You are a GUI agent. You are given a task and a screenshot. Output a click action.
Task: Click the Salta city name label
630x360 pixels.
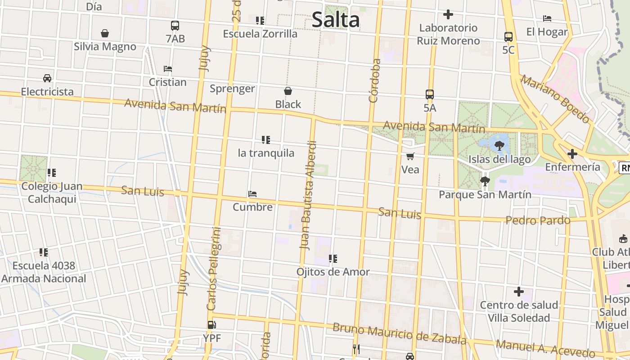(x=336, y=20)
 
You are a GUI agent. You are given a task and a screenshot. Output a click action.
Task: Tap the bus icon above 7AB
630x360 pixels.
(x=175, y=26)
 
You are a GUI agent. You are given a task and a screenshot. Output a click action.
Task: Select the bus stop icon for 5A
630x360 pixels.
(x=430, y=94)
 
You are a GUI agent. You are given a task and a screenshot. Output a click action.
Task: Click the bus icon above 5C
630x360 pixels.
(x=508, y=37)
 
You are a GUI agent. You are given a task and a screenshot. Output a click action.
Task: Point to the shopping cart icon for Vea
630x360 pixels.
(x=410, y=157)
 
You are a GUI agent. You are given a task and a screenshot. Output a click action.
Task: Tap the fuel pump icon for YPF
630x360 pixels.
(x=211, y=324)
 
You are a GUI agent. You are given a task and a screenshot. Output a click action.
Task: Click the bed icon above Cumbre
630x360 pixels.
(x=252, y=194)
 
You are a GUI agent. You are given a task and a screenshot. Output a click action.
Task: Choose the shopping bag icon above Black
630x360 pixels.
(x=288, y=91)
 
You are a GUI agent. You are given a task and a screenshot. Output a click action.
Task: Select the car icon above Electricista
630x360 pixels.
(x=47, y=78)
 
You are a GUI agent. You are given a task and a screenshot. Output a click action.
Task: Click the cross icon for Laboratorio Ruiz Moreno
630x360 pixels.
(x=448, y=14)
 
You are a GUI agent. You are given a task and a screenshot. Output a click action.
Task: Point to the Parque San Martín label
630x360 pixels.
(x=485, y=195)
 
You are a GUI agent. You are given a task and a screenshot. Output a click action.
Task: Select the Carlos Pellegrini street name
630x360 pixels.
(x=214, y=269)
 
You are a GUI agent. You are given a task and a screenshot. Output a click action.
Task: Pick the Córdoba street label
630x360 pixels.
(x=374, y=81)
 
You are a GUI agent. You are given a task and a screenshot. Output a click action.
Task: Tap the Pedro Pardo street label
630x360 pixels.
(x=538, y=220)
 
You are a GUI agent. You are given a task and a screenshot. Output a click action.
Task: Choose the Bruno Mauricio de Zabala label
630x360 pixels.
(x=399, y=333)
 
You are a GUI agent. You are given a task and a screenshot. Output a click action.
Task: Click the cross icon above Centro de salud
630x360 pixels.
(x=519, y=292)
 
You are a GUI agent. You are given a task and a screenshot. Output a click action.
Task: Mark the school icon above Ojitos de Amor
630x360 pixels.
(x=333, y=259)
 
